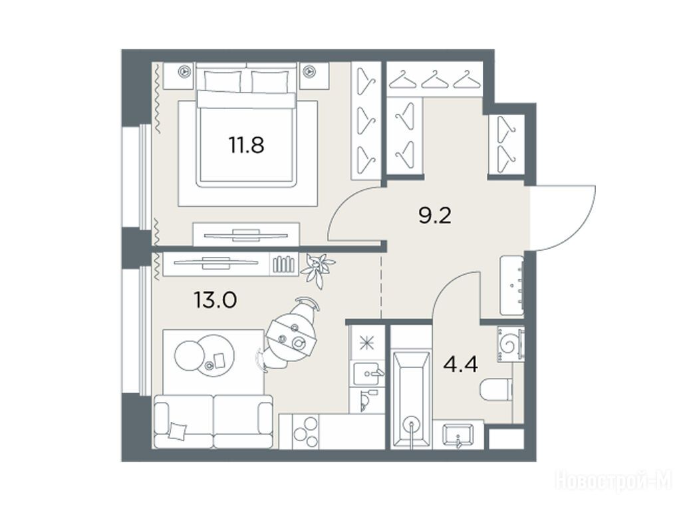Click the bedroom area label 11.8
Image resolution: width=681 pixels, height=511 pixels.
click(246, 145)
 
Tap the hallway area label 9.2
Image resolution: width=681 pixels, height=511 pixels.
click(435, 215)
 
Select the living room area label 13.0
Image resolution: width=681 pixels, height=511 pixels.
click(215, 300)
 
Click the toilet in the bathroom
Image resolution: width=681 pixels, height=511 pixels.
click(496, 389)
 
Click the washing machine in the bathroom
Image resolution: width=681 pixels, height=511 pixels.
click(511, 344)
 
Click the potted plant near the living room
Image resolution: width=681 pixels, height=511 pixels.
click(317, 269)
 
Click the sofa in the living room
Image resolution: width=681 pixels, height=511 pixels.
click(213, 421)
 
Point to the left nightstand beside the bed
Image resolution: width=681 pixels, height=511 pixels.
click(186, 72)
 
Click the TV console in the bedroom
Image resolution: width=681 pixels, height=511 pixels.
click(246, 235)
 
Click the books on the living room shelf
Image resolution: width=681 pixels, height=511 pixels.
click(283, 265)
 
